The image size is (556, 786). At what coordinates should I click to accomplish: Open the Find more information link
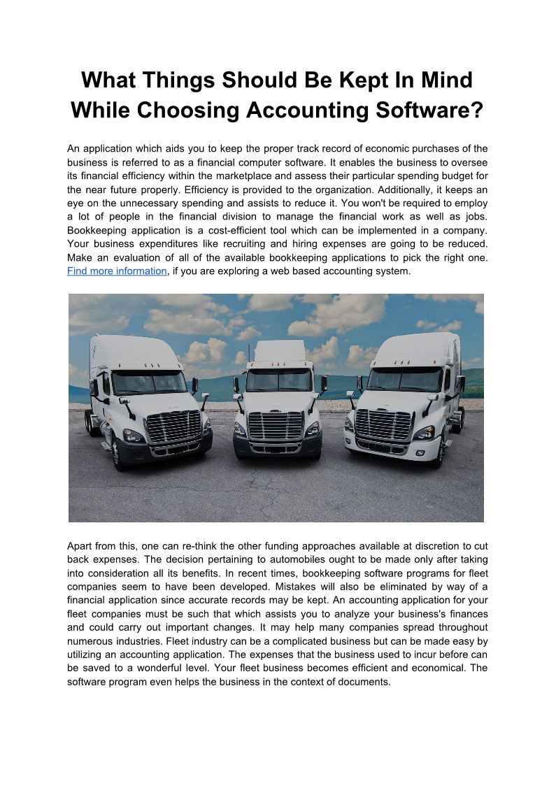117,271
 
